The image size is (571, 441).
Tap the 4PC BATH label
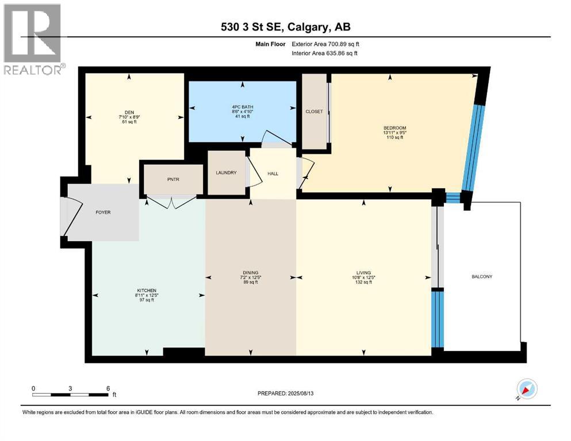pos(242,107)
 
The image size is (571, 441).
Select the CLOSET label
pos(314,111)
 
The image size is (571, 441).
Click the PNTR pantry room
pos(172,179)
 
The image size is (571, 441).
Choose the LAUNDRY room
pos(226,172)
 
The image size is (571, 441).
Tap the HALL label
pos(273,173)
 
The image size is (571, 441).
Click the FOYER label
pos(103,212)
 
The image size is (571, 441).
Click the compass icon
pos(527,389)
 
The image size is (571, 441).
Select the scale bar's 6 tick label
pos(108,388)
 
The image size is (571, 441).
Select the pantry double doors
pos(171,202)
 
